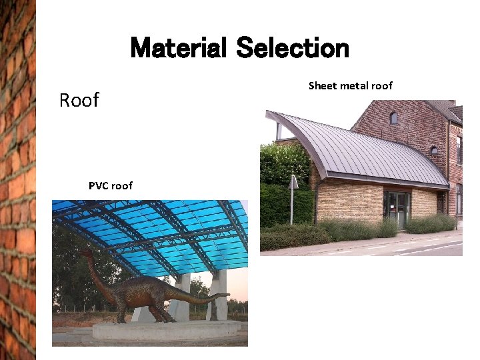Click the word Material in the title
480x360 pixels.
click(x=179, y=49)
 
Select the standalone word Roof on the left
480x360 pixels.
click(x=79, y=100)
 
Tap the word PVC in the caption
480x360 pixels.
click(x=99, y=185)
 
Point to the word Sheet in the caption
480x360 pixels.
click(x=323, y=85)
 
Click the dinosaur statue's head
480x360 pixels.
click(x=85, y=253)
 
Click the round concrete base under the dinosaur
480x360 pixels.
click(x=167, y=329)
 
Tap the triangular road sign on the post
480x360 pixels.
click(x=293, y=182)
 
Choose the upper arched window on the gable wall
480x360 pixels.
click(x=393, y=118)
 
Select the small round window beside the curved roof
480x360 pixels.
click(x=434, y=151)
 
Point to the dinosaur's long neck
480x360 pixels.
click(x=100, y=273)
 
